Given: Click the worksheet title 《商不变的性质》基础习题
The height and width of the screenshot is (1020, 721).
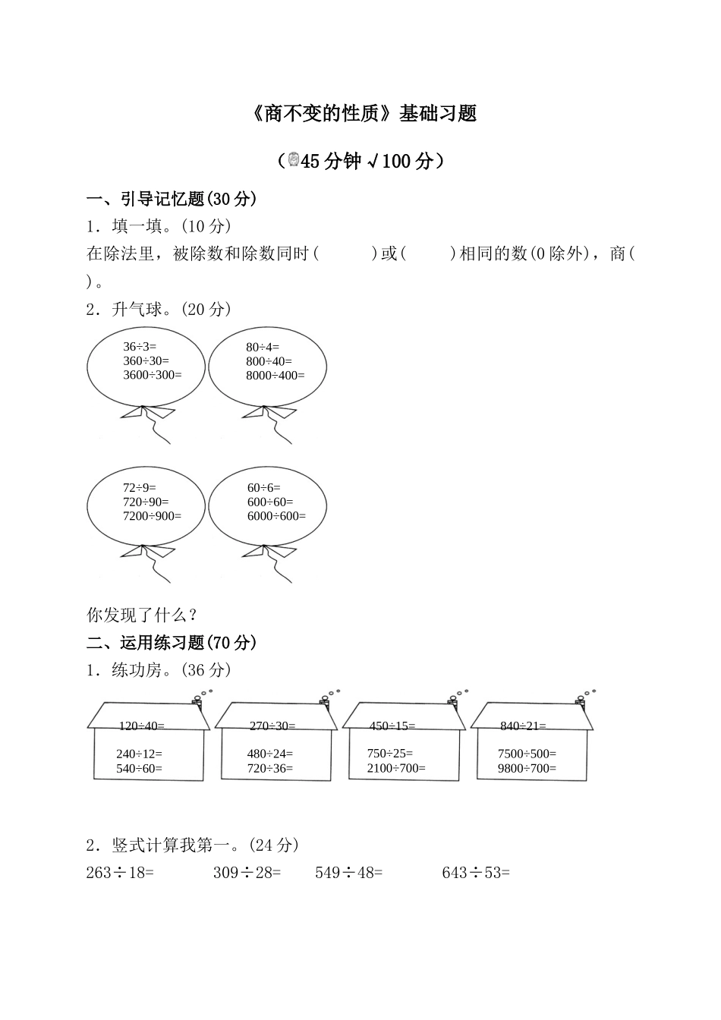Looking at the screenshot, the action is point(364,114).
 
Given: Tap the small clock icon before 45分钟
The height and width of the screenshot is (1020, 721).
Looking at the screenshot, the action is point(293,160).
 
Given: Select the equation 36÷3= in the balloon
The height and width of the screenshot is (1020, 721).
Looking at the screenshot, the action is point(140,347).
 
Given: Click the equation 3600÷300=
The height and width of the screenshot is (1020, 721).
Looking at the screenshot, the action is point(153,375).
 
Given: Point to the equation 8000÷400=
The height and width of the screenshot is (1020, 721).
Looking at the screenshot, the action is point(275,375).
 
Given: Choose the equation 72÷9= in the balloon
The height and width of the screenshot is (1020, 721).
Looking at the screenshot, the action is point(139,487).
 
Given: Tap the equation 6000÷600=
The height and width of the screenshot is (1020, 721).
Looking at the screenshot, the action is point(276,516).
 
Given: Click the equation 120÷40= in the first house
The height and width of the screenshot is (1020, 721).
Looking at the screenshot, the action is point(141,726).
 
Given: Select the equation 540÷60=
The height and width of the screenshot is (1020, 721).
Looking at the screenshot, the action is point(139,768).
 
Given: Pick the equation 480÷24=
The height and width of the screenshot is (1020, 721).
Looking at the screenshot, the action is point(269,754).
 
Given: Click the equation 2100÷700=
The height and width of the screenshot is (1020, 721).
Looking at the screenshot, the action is point(396,768).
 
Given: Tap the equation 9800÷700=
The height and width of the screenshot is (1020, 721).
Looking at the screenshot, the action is point(527,768).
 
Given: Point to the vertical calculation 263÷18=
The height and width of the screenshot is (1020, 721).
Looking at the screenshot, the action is point(120,873).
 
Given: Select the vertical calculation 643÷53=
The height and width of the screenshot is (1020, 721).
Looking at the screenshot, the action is point(476,873).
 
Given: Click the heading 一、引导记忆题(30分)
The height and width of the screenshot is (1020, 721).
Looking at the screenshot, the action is point(172,200).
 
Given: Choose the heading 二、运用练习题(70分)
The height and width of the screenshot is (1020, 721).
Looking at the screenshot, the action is point(172,643).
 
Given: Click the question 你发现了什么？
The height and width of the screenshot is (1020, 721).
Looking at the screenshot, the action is point(143,615).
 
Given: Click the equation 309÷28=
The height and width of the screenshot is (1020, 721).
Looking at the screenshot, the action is point(247,873).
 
